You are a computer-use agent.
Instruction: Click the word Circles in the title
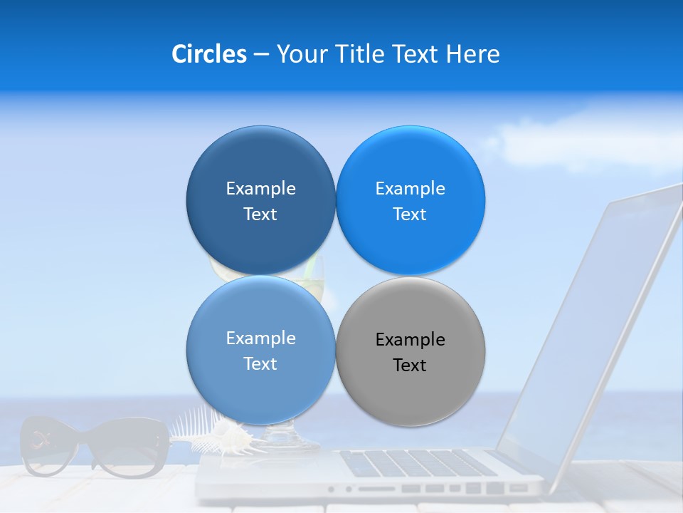[x=208, y=54]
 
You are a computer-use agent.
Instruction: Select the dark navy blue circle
[x=260, y=200]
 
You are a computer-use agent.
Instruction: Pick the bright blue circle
[x=410, y=200]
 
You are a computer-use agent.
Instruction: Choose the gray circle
[x=410, y=351]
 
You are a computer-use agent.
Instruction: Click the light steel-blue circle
[x=260, y=350]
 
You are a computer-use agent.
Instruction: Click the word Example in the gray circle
[x=410, y=340]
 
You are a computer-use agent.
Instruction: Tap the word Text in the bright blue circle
[x=410, y=214]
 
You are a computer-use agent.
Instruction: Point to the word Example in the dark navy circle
[x=260, y=188]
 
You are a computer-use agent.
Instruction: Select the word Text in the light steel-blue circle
[x=260, y=363]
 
